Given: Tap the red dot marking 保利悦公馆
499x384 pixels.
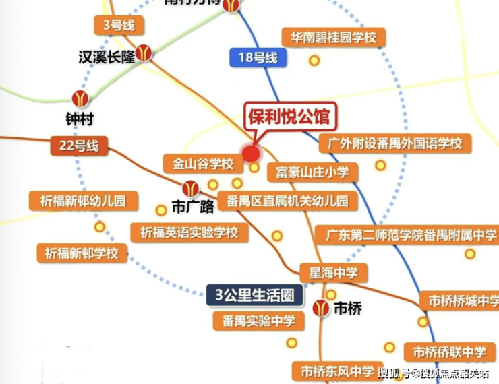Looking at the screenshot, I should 251,154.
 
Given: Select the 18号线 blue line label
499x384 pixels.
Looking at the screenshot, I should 258,57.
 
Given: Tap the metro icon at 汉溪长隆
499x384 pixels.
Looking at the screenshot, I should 144,53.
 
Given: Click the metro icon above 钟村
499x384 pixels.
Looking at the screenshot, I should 80,99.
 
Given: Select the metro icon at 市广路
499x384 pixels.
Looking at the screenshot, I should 191,188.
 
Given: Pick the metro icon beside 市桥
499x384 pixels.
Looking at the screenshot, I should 322,308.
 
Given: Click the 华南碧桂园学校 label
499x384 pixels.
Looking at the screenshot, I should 333,36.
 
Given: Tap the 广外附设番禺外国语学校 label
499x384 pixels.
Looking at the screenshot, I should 394,143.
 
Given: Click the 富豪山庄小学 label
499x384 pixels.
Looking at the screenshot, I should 312,172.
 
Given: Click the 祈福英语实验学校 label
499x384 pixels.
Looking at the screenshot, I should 189,233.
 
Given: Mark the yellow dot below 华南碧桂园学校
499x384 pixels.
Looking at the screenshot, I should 314,61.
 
